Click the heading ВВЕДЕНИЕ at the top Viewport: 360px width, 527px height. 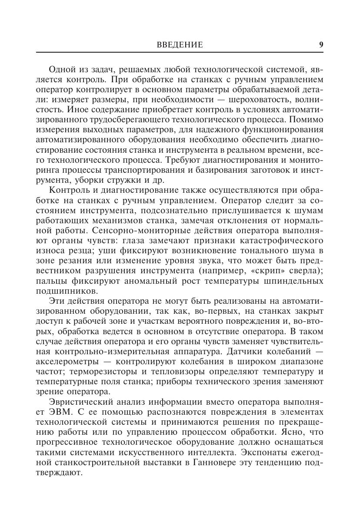pyautogui.click(x=180, y=45)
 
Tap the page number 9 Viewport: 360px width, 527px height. pyautogui.click(x=321, y=45)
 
